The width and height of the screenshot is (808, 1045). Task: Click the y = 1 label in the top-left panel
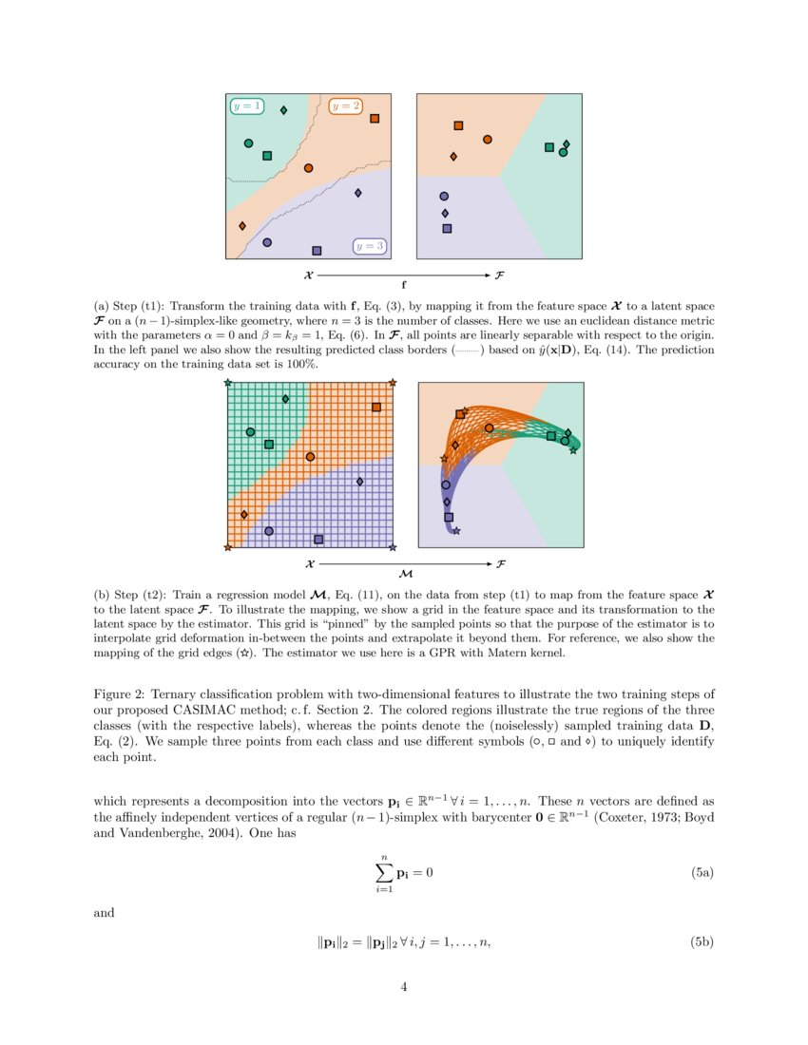(x=247, y=106)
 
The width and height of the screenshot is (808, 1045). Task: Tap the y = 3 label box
(x=370, y=246)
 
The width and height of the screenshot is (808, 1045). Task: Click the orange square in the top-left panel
(x=375, y=119)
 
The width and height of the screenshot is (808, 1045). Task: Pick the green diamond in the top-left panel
(x=283, y=111)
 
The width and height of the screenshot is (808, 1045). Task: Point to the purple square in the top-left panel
(x=317, y=251)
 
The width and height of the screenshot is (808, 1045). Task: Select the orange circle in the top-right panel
(x=488, y=140)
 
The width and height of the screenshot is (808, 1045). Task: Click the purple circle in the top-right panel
(x=444, y=196)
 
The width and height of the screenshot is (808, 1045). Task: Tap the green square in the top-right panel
(x=549, y=147)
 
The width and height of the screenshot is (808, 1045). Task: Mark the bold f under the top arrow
(x=404, y=283)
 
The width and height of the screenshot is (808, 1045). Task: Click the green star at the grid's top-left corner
(x=227, y=383)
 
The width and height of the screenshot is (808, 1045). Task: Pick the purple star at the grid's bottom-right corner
(x=393, y=547)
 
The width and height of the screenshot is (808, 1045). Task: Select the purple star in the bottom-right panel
(x=456, y=531)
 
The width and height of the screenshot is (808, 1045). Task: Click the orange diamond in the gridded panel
(x=244, y=514)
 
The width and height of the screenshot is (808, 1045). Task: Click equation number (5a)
(x=702, y=871)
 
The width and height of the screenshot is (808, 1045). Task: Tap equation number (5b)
(x=702, y=942)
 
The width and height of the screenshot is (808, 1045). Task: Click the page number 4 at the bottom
(x=404, y=987)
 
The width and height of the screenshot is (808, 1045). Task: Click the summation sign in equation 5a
(x=384, y=872)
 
